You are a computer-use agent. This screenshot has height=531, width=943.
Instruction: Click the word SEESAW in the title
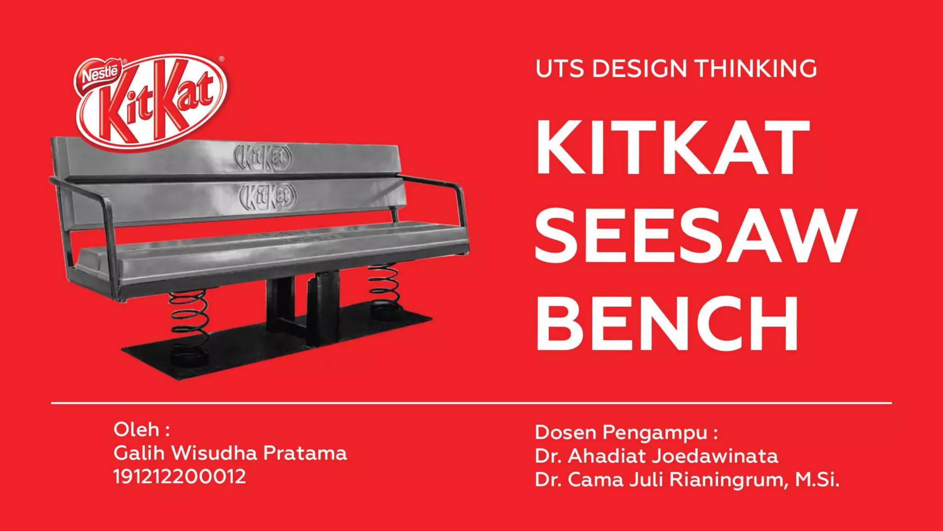(x=695, y=236)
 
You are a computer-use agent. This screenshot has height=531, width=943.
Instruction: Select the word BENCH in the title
(x=667, y=324)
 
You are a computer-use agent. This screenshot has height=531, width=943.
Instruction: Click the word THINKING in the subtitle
(x=756, y=69)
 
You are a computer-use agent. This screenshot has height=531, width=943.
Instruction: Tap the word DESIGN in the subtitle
(x=640, y=69)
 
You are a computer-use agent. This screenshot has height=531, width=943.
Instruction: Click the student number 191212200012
(x=180, y=477)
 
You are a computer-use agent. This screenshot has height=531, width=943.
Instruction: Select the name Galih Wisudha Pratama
(x=230, y=453)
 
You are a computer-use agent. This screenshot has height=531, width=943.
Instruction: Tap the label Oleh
(x=137, y=429)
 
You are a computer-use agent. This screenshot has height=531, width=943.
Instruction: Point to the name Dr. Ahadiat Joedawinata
(x=656, y=456)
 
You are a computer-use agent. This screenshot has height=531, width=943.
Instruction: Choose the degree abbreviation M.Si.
(x=817, y=480)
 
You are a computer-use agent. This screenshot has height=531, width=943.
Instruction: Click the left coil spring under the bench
(x=189, y=318)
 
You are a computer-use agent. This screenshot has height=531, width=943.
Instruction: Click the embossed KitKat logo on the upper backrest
(x=263, y=157)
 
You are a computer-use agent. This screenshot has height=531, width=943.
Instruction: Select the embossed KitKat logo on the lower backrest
(x=267, y=197)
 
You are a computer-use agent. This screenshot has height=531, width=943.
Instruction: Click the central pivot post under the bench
(x=322, y=304)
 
